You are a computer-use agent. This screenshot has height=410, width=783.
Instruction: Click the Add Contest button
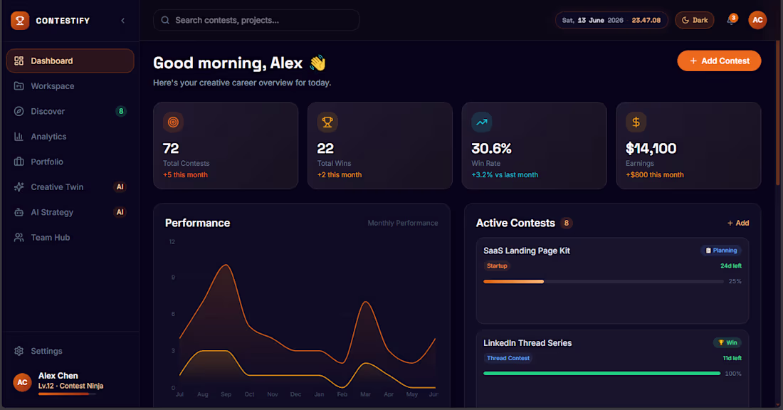click(x=719, y=61)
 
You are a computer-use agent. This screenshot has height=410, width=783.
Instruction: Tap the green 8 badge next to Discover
click(x=121, y=111)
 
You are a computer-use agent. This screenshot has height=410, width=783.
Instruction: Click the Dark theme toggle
click(x=695, y=21)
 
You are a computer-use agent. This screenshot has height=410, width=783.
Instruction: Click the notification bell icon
click(x=730, y=21)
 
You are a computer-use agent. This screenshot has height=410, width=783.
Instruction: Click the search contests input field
click(x=256, y=21)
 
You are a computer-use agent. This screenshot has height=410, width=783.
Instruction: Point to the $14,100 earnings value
click(x=651, y=148)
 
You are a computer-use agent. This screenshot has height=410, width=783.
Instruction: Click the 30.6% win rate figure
click(x=491, y=148)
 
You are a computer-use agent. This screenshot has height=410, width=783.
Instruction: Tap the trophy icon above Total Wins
click(x=327, y=122)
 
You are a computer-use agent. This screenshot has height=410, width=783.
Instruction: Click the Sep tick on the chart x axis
click(x=226, y=394)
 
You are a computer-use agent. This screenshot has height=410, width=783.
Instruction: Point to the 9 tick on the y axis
click(x=173, y=277)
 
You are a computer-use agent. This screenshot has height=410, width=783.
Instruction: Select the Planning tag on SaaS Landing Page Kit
click(x=721, y=251)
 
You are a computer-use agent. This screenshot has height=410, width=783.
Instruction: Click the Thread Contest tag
click(x=508, y=358)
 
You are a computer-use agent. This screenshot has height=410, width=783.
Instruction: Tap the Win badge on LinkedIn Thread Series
click(x=727, y=342)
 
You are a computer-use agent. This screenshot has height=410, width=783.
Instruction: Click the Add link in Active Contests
click(x=738, y=224)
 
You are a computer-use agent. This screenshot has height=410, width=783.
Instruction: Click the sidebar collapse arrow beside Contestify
click(x=123, y=21)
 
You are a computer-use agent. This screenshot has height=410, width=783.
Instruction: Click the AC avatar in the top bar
click(x=757, y=21)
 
